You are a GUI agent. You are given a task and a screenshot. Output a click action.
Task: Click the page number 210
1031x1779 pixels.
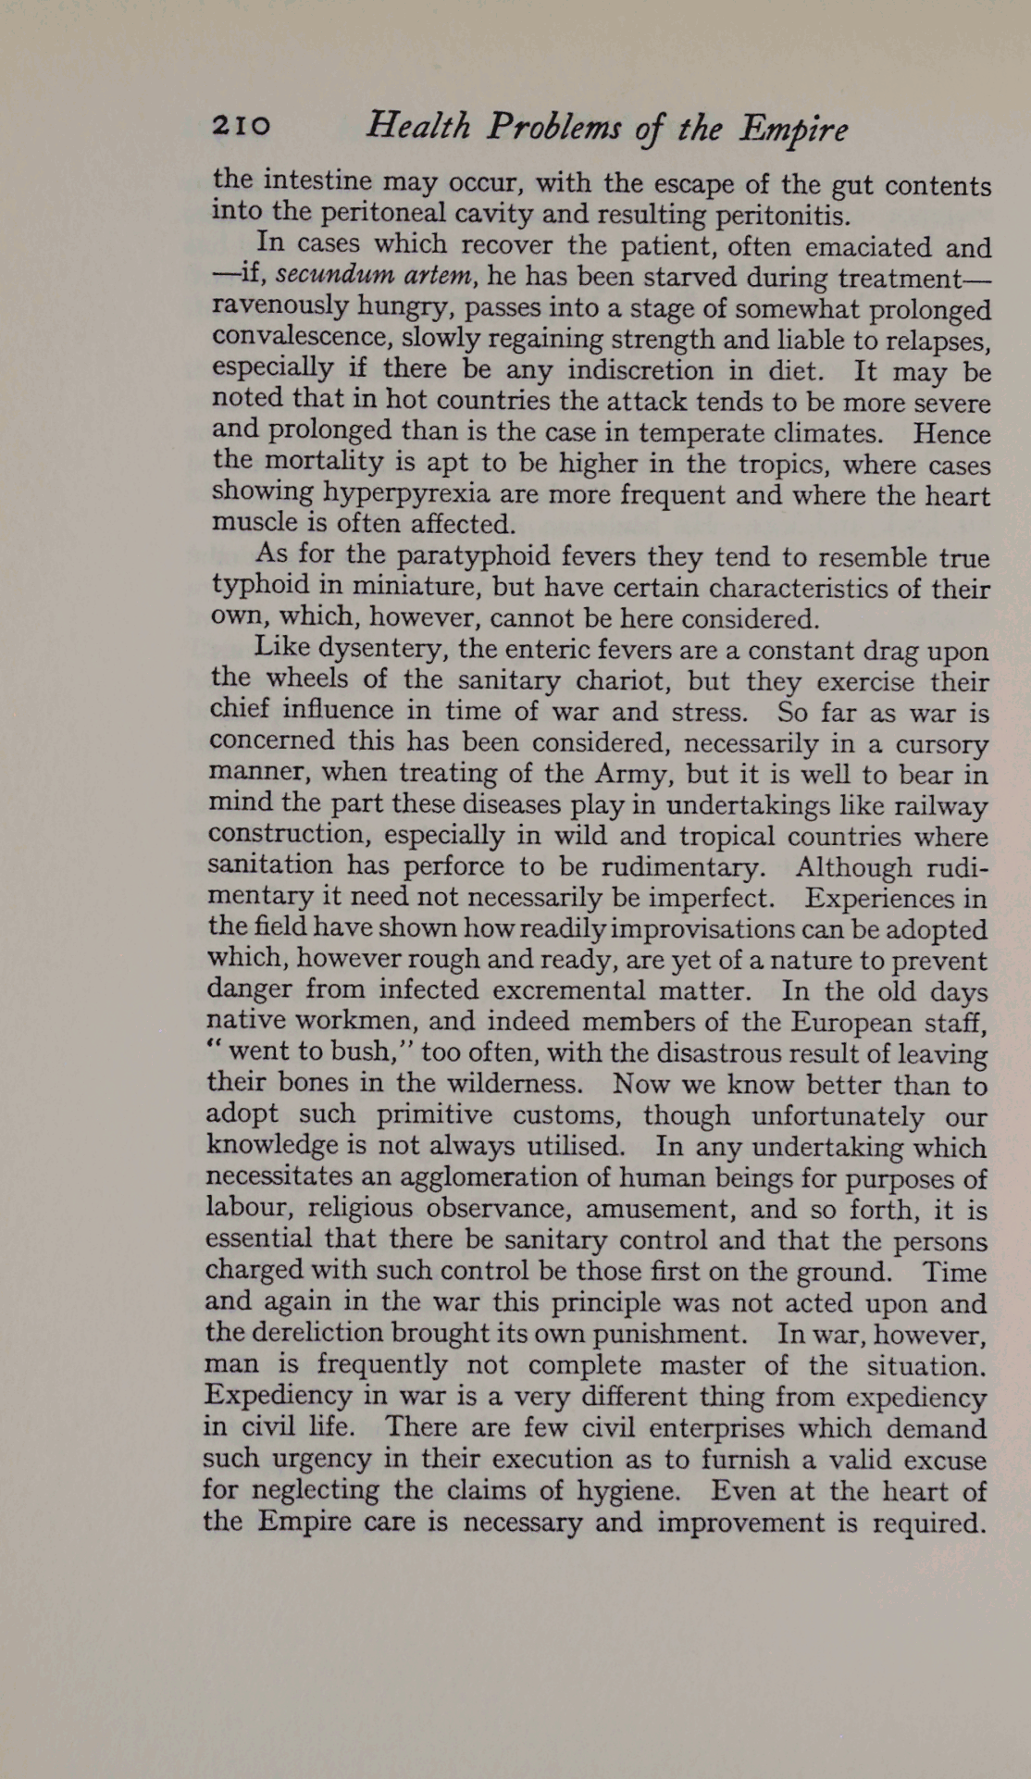pos(242,126)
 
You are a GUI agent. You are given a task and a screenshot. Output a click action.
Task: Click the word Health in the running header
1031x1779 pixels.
pos(418,126)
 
